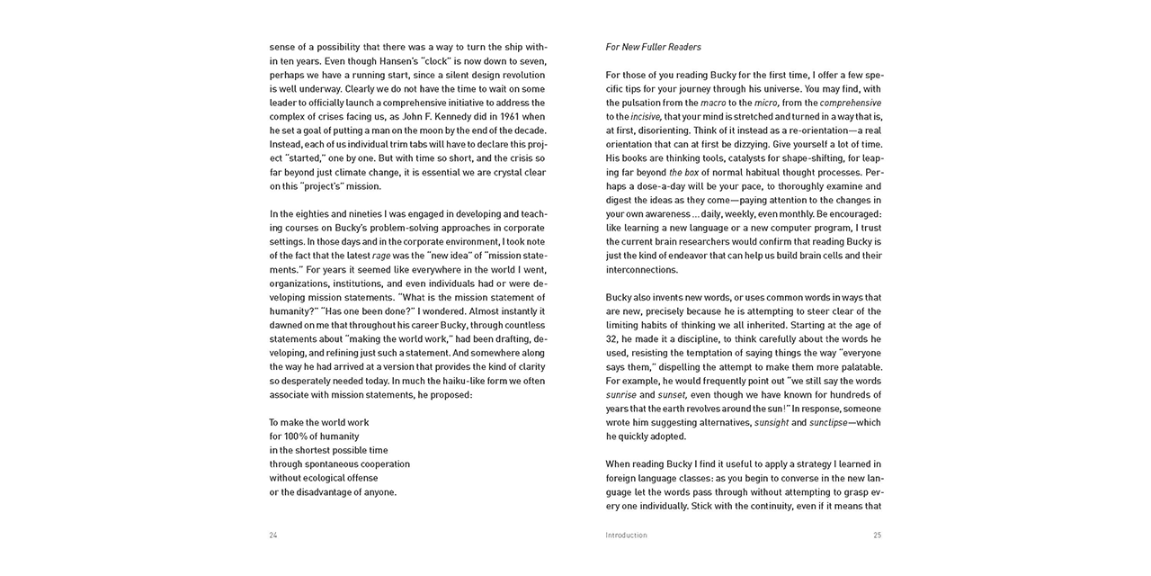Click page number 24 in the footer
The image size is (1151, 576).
pos(273,535)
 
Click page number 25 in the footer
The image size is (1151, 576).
pos(877,535)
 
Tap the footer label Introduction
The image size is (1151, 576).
pos(626,535)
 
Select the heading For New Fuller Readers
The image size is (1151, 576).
pos(654,47)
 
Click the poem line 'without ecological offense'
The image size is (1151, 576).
pos(324,478)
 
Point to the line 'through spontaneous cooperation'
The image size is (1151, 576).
pos(339,464)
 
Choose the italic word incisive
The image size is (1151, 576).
pos(646,117)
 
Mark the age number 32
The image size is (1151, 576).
pos(611,339)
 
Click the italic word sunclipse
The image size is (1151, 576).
pos(827,423)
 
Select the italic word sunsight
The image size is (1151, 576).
pos(772,423)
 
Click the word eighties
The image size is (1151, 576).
pos(310,214)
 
